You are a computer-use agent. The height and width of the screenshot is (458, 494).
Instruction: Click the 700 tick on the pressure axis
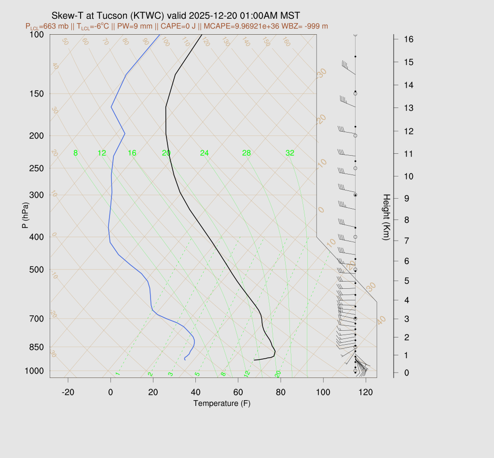click(x=36, y=319)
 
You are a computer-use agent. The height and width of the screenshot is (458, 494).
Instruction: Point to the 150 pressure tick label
click(x=36, y=94)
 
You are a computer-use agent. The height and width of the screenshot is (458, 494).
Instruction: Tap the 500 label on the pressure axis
click(x=36, y=269)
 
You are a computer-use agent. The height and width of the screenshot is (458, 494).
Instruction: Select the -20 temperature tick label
click(x=68, y=392)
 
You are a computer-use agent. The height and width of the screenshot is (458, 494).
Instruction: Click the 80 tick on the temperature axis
click(x=281, y=392)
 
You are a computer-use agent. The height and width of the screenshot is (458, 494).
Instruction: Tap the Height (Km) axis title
click(x=386, y=217)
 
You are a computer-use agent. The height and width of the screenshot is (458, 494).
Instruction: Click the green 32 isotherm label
click(x=289, y=153)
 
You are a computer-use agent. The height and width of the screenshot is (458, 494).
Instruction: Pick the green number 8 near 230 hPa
click(x=76, y=153)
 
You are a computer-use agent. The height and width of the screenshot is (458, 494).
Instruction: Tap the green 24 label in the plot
click(x=205, y=153)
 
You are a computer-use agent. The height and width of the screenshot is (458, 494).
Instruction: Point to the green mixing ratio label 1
click(x=117, y=374)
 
